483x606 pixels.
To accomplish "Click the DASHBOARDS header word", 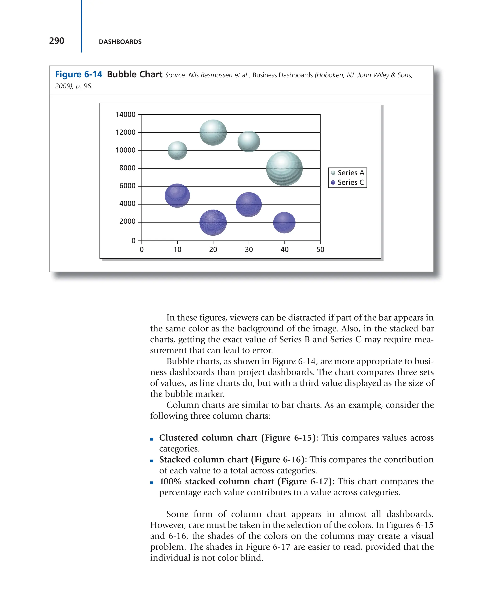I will (x=120, y=42).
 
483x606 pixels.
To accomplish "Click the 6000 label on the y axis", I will (x=127, y=186).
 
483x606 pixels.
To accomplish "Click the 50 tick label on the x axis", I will (x=320, y=250).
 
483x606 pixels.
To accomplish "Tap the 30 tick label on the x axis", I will (x=249, y=250).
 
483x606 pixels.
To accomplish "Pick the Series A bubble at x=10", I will (x=177, y=150).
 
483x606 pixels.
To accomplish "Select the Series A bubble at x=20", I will (x=213, y=132).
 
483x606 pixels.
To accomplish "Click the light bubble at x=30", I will (x=249, y=141).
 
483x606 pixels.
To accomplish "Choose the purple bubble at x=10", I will (x=177, y=195).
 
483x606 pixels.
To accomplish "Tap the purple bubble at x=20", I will (x=213, y=222).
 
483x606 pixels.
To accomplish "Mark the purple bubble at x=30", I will (x=249, y=204).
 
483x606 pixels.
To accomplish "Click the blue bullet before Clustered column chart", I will (x=152, y=439).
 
